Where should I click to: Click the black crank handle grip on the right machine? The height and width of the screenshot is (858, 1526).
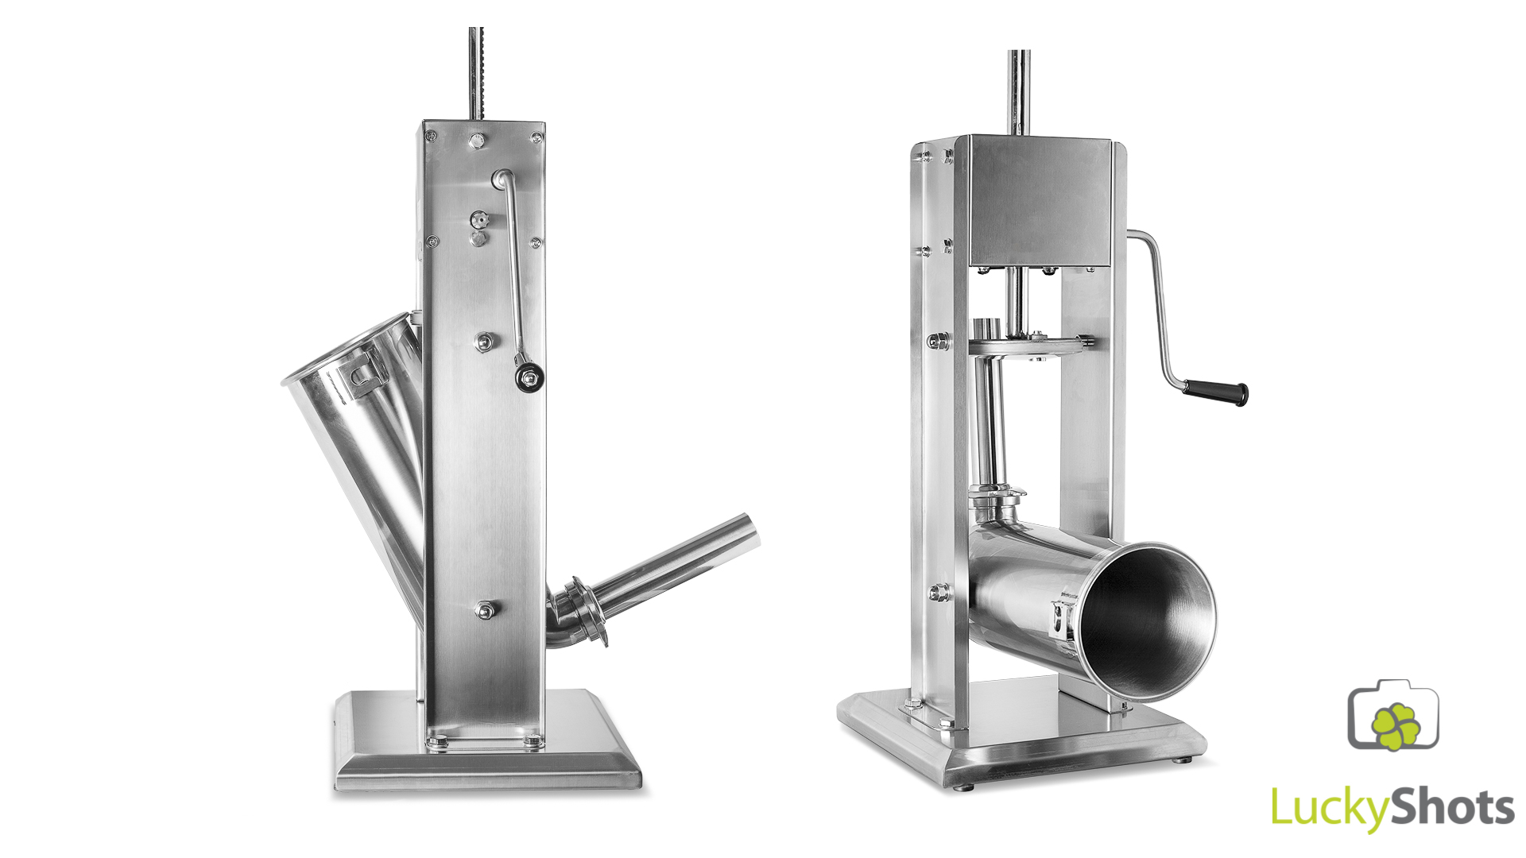(x=1214, y=391)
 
